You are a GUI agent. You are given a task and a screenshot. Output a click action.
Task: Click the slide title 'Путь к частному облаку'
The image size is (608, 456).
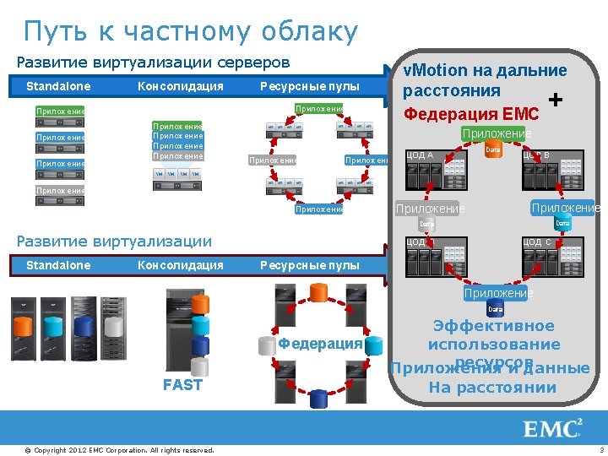[x=191, y=32]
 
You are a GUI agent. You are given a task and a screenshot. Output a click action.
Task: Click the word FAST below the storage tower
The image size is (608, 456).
[x=182, y=385]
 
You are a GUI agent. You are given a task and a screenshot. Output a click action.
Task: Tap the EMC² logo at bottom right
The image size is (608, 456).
[x=553, y=428]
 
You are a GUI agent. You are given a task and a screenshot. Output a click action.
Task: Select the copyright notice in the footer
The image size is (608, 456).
[x=119, y=448]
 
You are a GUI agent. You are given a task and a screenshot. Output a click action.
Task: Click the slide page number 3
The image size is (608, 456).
[x=600, y=448]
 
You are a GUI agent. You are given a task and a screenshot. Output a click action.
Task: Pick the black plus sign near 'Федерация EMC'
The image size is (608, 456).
[x=556, y=100]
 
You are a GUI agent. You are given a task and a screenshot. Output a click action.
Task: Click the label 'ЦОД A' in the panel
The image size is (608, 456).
[x=420, y=155]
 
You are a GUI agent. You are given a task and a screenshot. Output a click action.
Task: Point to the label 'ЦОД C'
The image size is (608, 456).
[x=536, y=242]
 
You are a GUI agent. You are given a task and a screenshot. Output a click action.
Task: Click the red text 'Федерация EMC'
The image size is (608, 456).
[x=471, y=114]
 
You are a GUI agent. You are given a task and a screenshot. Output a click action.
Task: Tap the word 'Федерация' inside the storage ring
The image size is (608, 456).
[x=320, y=344]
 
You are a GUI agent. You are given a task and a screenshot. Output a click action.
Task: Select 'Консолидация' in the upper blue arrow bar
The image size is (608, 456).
[x=181, y=86]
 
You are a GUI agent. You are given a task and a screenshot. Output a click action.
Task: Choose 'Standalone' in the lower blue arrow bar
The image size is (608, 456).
[x=58, y=265]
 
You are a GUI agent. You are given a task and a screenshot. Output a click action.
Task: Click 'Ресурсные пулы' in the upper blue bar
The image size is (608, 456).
[x=309, y=86]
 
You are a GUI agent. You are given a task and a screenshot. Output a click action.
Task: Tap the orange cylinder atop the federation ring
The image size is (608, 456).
[x=318, y=292]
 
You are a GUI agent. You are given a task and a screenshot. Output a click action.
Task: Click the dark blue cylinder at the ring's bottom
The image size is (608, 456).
[x=318, y=398]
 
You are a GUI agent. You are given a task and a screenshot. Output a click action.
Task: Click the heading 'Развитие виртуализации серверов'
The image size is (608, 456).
[x=154, y=62]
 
